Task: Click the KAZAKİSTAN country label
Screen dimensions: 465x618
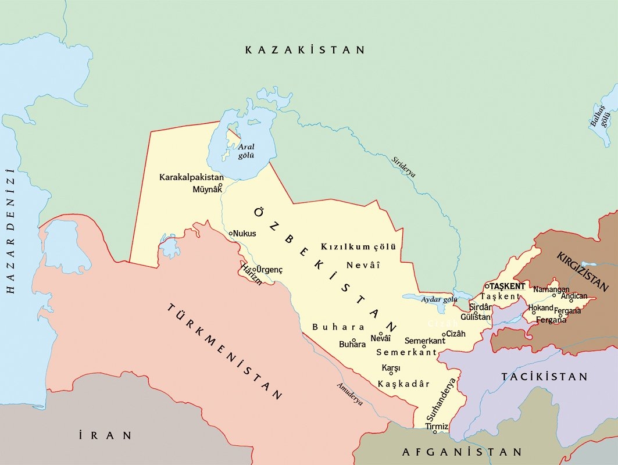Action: pos(305,50)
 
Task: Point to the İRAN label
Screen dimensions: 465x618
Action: pos(105,435)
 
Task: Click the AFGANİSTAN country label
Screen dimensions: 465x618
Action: pos(462,452)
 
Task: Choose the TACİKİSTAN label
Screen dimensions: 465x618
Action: pos(545,377)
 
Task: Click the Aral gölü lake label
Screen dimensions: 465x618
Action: pos(246,151)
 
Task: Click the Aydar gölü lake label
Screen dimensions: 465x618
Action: pos(440,299)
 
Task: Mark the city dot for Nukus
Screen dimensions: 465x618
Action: pos(231,233)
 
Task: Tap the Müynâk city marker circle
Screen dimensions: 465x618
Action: pos(220,185)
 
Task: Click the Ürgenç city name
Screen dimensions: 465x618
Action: pos(270,270)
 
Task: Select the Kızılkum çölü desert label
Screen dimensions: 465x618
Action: pos(358,247)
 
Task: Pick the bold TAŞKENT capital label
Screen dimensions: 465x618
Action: pos(508,287)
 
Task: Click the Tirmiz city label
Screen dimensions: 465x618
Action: pos(437,427)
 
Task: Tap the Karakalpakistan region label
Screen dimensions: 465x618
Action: pos(191,177)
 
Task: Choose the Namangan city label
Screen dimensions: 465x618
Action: pos(551,289)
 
